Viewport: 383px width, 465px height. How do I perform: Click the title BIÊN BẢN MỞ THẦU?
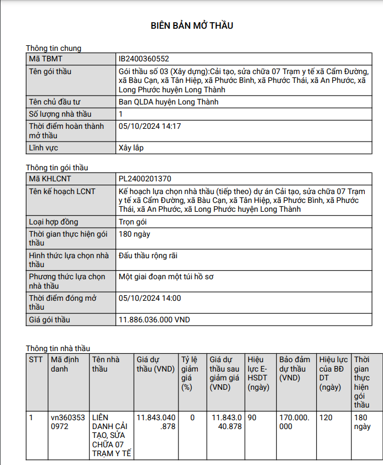192,25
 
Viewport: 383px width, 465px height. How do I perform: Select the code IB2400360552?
144,59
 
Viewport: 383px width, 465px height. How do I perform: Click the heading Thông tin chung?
54,48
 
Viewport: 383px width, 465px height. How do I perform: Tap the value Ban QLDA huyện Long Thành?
169,102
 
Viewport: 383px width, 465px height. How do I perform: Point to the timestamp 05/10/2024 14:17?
150,126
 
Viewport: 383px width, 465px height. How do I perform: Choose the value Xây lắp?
131,148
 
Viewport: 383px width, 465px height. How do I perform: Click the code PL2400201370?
145,179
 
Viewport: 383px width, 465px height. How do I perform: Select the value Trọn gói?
133,222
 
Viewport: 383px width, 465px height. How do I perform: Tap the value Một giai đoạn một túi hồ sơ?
166,276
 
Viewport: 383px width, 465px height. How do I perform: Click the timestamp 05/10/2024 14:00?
150,298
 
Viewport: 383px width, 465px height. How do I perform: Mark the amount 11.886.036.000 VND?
154,320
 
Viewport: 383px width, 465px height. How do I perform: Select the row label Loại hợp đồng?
54,222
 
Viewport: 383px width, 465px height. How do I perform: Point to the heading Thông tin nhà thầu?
57,348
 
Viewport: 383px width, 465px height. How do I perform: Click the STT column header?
35,359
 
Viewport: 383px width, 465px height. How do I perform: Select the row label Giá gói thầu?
50,320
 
